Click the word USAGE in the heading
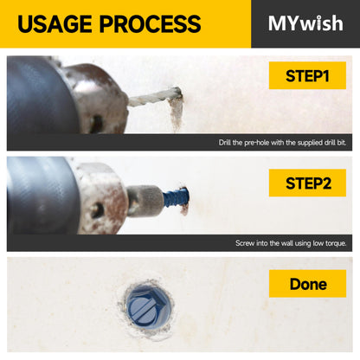pos(55,23)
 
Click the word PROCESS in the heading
pos(150,23)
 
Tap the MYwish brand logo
pos(305,23)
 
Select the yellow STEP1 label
pos(307,75)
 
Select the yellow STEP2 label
pos(307,183)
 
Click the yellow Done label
pos(307,284)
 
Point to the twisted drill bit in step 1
pos(154,97)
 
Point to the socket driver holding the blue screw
pos(145,201)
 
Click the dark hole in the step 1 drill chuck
pos(96,124)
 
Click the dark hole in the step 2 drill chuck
pos(97,210)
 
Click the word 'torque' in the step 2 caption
pos(336,243)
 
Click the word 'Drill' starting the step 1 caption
pos(224,142)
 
